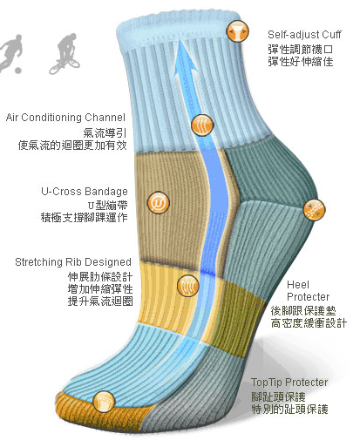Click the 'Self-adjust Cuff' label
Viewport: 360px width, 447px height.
[x=304, y=35]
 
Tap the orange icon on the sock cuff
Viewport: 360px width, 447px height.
[x=238, y=31]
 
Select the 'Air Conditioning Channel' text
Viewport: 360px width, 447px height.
[x=65, y=118]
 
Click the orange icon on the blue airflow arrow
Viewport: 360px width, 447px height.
[x=202, y=125]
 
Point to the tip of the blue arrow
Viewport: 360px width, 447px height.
[x=181, y=40]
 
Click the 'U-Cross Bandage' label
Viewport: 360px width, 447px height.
[x=85, y=192]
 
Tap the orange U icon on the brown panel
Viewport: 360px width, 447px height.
[x=159, y=202]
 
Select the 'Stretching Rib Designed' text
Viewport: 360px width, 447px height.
[x=73, y=262]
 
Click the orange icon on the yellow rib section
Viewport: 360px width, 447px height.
[x=188, y=286]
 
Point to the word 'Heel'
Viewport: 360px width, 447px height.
[x=298, y=284]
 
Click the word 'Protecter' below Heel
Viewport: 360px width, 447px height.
[x=308, y=297]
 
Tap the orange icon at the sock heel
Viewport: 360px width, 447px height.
[x=315, y=210]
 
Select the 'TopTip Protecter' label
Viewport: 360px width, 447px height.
[x=289, y=383]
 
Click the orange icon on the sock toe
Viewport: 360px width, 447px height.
[x=104, y=402]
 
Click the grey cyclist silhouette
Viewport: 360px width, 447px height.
[x=65, y=54]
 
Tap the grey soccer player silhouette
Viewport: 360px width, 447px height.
[x=11, y=55]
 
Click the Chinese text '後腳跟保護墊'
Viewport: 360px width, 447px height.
[x=303, y=311]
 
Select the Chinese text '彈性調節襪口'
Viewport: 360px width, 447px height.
[x=300, y=50]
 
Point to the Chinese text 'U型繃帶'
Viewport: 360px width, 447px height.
[x=107, y=206]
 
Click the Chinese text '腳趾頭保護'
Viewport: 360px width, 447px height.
[x=278, y=397]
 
